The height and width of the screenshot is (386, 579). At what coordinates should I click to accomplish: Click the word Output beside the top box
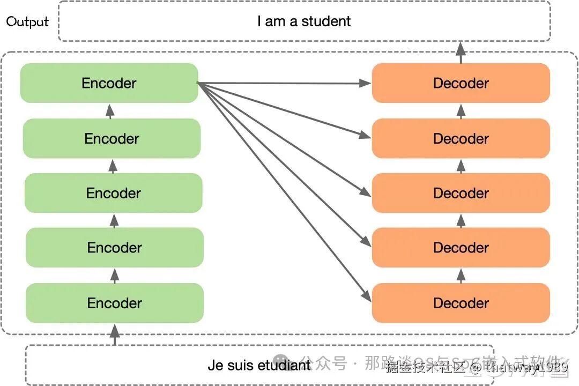[27, 22]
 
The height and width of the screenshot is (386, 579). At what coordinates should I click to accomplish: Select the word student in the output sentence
[326, 21]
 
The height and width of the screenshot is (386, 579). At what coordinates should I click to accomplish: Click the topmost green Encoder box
[109, 83]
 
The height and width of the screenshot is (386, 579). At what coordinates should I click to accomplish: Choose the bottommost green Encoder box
[115, 303]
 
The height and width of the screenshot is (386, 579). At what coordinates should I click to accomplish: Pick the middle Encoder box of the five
[113, 193]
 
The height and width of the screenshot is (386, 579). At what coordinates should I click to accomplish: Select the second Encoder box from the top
[112, 138]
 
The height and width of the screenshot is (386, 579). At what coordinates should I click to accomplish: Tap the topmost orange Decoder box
[461, 83]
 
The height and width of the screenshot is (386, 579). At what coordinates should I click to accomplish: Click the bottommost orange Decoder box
[461, 303]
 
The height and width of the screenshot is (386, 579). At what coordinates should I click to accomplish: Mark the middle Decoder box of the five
[461, 193]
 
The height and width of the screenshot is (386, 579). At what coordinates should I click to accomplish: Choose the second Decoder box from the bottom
[461, 248]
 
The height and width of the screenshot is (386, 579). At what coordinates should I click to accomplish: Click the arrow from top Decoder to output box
[460, 52]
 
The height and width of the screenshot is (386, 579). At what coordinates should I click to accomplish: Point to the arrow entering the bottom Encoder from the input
[114, 334]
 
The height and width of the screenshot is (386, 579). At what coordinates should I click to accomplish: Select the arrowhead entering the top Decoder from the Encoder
[366, 83]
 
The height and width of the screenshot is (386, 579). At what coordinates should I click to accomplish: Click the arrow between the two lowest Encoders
[114, 275]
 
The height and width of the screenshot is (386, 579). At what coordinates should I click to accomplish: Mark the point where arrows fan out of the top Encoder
[198, 83]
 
